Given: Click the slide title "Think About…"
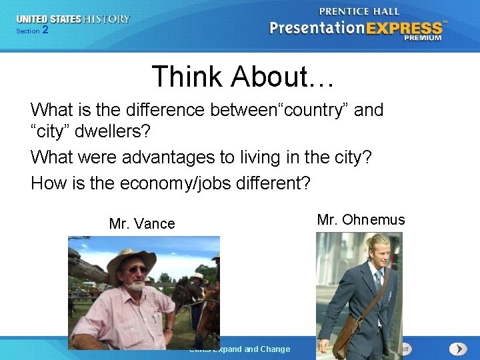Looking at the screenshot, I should [243, 77].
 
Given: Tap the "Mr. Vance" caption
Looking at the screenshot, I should [142, 224].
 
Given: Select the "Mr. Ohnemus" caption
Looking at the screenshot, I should [361, 220].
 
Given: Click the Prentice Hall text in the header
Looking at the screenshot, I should [359, 11].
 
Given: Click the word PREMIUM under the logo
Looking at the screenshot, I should [422, 39].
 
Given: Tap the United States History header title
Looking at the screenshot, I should [73, 19].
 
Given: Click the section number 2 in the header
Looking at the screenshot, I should [45, 30].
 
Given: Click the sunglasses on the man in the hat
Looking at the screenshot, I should [137, 269].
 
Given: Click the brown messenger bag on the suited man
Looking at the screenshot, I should [345, 333].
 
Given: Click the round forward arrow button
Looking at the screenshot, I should [457, 349].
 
